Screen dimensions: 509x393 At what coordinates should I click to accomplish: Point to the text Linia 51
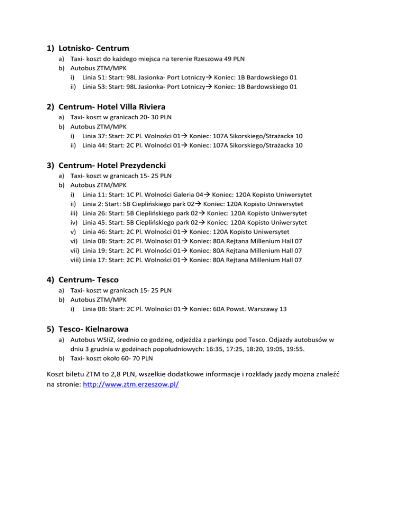pyautogui.click(x=95, y=77)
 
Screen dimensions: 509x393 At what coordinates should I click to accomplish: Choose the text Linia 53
pyautogui.click(x=95, y=87)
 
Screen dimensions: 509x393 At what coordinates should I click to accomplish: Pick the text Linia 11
pyautogui.click(x=95, y=195)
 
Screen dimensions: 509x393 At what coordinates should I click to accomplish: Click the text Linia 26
pyautogui.click(x=95, y=213)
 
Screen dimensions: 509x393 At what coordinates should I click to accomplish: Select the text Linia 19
pyautogui.click(x=95, y=251)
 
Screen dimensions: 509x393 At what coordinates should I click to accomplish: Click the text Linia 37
pyautogui.click(x=95, y=136)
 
